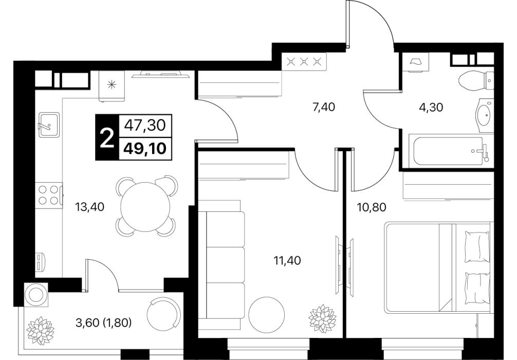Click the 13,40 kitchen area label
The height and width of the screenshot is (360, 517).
tap(90, 207)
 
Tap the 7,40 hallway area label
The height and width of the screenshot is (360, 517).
tap(323, 107)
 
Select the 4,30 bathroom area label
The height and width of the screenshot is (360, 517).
tap(431, 107)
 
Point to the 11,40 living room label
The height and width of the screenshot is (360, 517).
tap(287, 261)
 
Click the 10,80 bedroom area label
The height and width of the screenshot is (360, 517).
tap(372, 207)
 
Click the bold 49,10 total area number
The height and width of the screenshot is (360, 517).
tap(145, 149)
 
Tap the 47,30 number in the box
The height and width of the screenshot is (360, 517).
tap(145, 125)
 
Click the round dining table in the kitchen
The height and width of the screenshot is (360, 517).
tap(145, 207)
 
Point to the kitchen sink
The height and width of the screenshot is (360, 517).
tap(49, 124)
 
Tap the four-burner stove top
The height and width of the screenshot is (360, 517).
tap(48, 195)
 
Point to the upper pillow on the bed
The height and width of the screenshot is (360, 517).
tap(477, 246)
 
